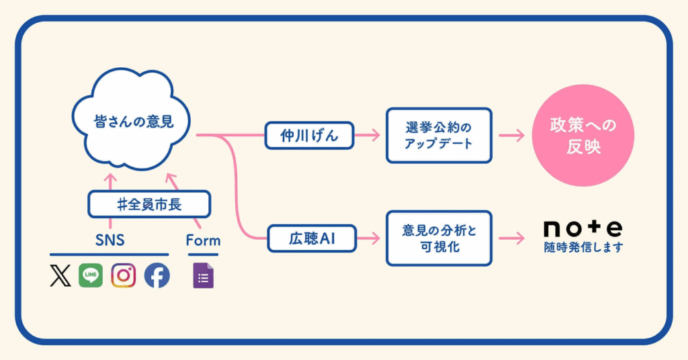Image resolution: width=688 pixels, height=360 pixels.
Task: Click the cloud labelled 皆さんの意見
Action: point(132,124)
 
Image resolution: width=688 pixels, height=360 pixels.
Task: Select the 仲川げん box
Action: point(308,136)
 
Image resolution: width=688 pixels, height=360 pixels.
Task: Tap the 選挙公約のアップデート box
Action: point(439,135)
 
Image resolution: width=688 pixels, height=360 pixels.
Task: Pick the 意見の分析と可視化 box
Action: point(439,238)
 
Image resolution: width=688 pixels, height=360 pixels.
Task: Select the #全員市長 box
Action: point(149,204)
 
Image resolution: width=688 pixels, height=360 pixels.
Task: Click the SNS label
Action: point(110,240)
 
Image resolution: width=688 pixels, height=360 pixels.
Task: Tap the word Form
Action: point(203,240)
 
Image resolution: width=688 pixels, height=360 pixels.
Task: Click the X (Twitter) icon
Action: point(60,275)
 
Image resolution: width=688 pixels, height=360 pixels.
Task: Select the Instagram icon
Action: point(124,275)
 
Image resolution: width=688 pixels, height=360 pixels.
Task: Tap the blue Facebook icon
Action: point(157,275)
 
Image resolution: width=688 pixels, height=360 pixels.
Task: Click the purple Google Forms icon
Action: point(203,276)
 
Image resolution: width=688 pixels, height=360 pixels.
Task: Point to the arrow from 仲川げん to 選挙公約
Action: point(367,136)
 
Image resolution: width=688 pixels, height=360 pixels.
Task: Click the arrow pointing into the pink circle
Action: point(512,136)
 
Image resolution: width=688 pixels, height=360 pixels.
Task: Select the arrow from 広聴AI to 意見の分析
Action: point(367,238)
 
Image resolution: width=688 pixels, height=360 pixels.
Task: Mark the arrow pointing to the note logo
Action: point(512,238)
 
